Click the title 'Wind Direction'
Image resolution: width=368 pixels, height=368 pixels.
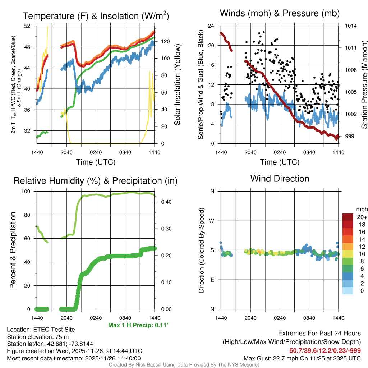click(x=280, y=179)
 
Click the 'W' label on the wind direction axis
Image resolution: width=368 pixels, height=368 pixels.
click(x=212, y=221)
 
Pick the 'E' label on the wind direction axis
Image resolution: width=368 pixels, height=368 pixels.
click(x=212, y=280)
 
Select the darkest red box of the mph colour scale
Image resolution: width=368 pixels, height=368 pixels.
click(x=348, y=217)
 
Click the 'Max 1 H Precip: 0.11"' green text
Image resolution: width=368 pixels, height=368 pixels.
click(x=139, y=325)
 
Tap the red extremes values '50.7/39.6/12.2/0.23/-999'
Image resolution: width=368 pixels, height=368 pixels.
click(x=325, y=351)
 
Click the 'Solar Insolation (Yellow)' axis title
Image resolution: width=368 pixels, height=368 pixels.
click(x=177, y=85)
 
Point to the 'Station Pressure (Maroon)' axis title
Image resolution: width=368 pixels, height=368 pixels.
click(x=364, y=85)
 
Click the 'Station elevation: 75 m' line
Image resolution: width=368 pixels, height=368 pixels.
click(x=38, y=337)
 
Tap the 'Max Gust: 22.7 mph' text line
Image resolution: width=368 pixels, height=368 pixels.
click(x=302, y=358)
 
